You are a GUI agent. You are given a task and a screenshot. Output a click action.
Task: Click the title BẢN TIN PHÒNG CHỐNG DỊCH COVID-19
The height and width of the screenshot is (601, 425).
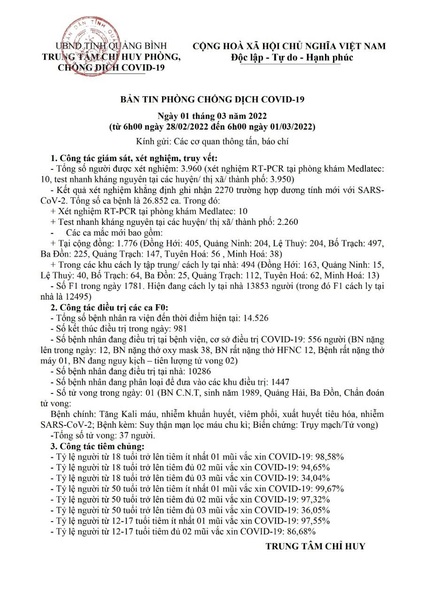click(213, 100)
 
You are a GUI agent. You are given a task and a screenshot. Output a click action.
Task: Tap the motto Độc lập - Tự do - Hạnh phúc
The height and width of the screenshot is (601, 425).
click(292, 57)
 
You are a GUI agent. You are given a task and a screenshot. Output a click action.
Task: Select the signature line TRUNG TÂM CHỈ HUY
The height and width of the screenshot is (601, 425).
click(315, 546)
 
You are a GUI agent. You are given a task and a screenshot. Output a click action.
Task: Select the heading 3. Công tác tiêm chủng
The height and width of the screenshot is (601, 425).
click(98, 446)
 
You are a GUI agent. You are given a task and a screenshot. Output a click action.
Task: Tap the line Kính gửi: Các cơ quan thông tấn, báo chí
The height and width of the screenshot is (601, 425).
click(212, 141)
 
